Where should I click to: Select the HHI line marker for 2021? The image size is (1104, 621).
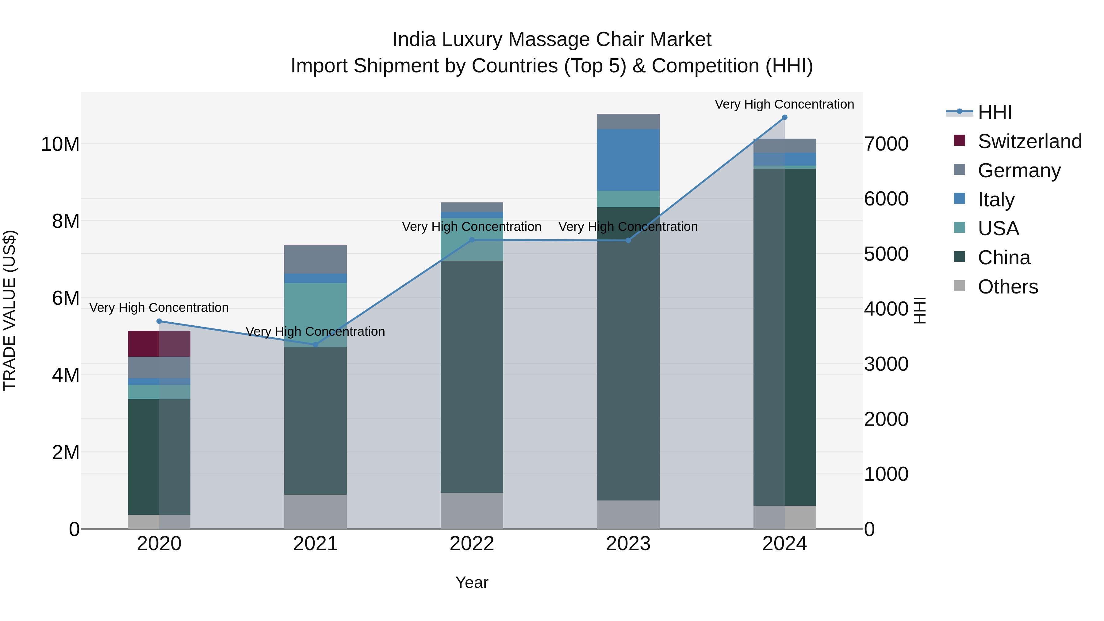point(316,345)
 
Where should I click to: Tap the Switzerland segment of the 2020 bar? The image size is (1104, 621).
point(159,344)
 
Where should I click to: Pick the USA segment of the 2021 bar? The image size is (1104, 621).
point(316,315)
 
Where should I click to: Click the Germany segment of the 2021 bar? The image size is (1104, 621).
point(316,259)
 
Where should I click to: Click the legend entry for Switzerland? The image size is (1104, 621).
point(1029,141)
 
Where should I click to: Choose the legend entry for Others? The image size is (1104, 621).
point(1008,287)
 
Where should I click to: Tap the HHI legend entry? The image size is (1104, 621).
point(994,112)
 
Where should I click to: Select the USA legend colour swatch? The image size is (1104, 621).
point(960,228)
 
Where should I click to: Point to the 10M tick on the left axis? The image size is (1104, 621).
point(60,144)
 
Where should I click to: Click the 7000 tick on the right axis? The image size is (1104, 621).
point(886,144)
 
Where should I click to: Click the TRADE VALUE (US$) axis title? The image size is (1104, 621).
point(10,310)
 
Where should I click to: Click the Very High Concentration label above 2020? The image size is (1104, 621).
point(159,308)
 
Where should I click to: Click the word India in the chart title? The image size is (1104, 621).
point(414,40)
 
